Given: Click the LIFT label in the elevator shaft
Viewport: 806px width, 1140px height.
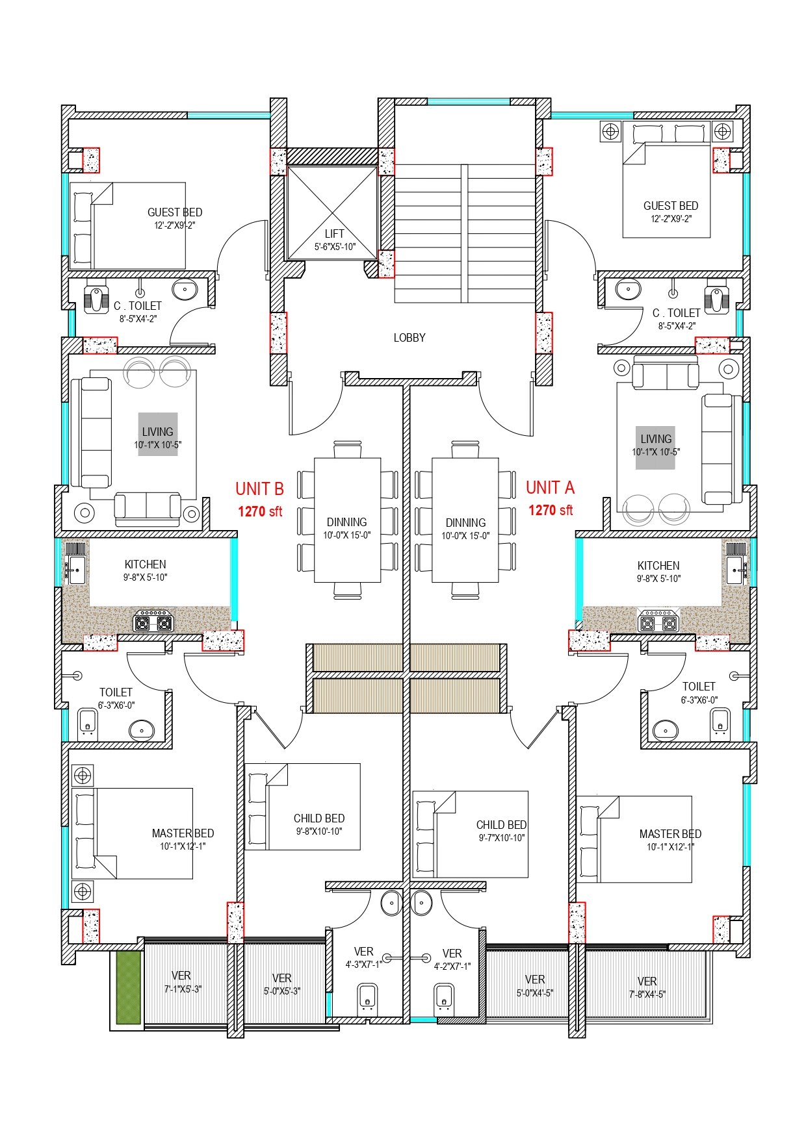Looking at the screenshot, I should click(334, 234).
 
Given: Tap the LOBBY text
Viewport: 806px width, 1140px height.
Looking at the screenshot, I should click(409, 338).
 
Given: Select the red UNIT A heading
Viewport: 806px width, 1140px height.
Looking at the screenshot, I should click(550, 487).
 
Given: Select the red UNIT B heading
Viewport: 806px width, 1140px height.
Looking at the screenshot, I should click(259, 488).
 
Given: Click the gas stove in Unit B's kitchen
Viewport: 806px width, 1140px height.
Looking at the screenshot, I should click(153, 622).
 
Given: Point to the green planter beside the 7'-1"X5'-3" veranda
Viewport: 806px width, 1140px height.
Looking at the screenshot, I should click(128, 988).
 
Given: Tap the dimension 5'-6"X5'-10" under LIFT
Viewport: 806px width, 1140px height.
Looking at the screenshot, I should click(334, 247).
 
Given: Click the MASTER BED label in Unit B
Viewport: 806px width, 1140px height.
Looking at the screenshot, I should click(183, 833).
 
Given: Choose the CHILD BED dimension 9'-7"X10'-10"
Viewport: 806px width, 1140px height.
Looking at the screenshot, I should click(501, 838).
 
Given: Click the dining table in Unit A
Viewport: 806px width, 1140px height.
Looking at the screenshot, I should click(465, 520).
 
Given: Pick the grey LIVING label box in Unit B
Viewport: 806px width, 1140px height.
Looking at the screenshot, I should click(157, 434).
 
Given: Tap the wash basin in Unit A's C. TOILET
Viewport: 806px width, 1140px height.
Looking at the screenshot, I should click(628, 290).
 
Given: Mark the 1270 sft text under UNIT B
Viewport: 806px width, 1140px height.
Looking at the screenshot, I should click(259, 512).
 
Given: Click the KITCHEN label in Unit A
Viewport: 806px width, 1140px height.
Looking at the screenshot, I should click(658, 566).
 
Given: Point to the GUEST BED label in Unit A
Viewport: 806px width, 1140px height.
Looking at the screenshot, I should click(671, 206).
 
